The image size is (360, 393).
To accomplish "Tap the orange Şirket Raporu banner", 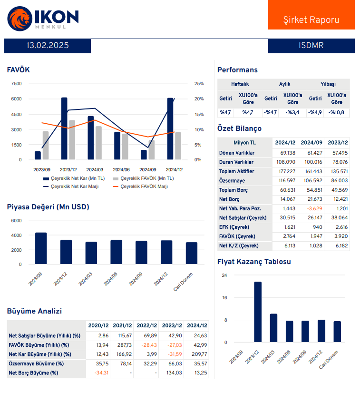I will coord(311,20).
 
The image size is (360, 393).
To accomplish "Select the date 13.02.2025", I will coord(48,46).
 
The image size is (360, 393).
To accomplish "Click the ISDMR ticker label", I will coord(311,46).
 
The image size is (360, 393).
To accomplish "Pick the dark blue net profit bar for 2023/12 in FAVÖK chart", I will coord(64,128).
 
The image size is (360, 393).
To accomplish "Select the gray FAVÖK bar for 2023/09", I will coord(46,145).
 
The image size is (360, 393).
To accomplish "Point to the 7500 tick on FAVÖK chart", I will coord(16,84).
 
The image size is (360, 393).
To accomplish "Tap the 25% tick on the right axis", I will coord(199,84).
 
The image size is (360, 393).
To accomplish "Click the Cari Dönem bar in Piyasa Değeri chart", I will coord(192,253).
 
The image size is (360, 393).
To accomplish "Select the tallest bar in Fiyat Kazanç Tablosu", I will coord(258,312).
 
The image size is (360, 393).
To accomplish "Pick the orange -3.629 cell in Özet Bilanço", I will coord(311,209).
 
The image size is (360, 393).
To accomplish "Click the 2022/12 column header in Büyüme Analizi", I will coord(146,325).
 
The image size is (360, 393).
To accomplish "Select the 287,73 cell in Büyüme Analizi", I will coord(122,344).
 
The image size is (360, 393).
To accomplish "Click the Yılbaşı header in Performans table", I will coord(328,84).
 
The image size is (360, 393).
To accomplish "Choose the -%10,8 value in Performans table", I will coord(337,113).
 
